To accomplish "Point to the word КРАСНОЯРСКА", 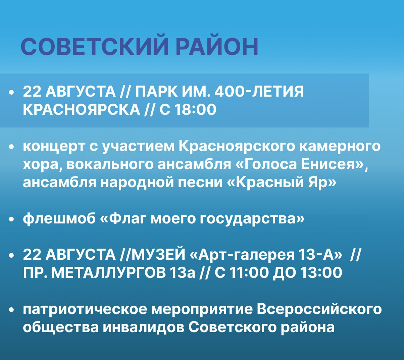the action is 81,109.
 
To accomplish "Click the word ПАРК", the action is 156,92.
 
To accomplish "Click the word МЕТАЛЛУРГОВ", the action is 109,273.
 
